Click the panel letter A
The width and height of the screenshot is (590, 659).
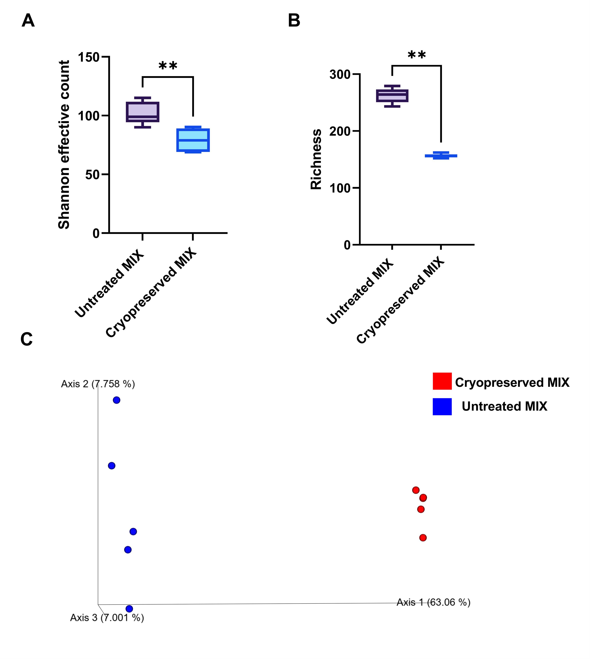click(28, 21)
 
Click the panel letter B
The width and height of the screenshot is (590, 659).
click(294, 21)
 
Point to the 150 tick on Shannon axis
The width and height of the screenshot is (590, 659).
click(88, 57)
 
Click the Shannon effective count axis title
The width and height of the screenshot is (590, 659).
click(64, 145)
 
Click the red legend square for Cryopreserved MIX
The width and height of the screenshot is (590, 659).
click(442, 381)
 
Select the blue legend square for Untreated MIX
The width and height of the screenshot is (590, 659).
click(442, 407)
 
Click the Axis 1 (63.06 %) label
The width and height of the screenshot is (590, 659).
click(433, 602)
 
